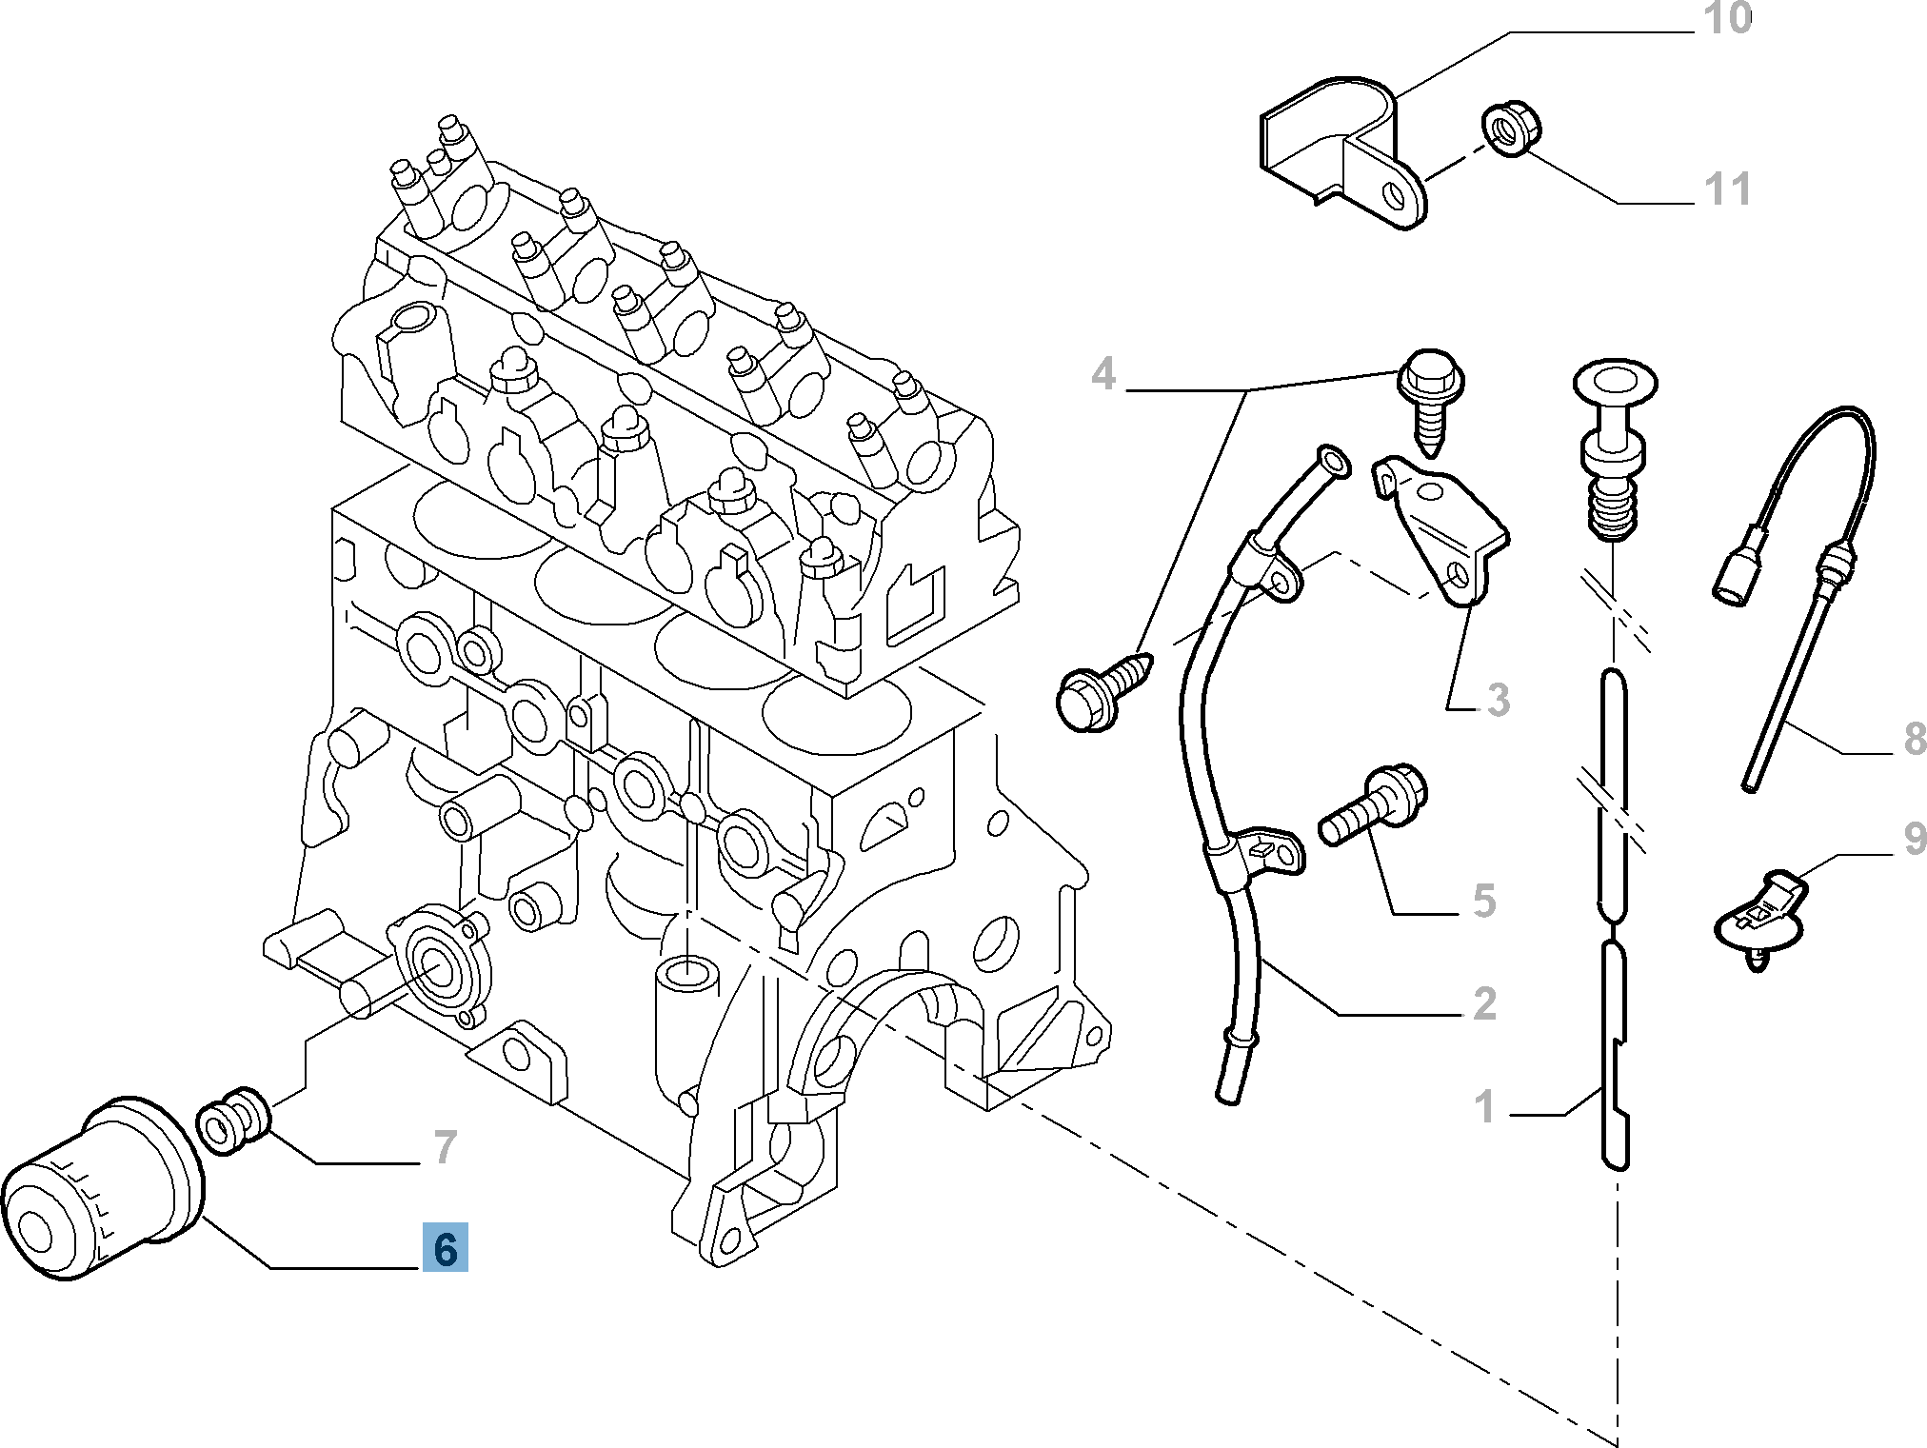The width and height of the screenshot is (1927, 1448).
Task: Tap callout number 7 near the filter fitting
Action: point(445,1147)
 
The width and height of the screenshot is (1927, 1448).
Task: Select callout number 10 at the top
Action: point(1727,19)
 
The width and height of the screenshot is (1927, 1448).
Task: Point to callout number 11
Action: point(1727,188)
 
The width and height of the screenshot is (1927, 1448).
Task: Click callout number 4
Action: point(1103,374)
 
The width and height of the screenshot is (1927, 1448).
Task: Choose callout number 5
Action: point(1483,901)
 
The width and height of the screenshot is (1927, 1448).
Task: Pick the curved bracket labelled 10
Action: point(1342,157)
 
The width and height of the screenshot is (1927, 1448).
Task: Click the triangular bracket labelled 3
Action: point(1442,528)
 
